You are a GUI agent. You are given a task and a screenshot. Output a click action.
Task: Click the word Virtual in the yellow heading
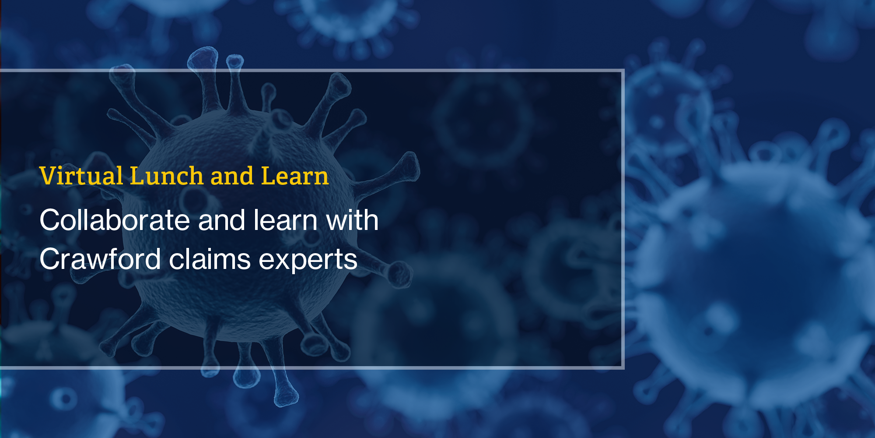[81, 176]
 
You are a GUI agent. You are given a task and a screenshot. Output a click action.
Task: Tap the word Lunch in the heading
[167, 176]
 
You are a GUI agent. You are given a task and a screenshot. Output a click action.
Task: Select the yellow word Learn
[294, 176]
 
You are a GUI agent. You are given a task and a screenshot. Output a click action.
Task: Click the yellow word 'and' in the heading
[232, 176]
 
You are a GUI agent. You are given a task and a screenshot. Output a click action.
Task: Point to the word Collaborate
[115, 220]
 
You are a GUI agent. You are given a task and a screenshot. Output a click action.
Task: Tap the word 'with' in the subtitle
[352, 220]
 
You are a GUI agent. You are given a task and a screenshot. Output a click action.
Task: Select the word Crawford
[100, 259]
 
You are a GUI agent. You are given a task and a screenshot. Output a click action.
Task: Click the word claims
[210, 259]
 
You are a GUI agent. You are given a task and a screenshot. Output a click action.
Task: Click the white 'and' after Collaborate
[222, 220]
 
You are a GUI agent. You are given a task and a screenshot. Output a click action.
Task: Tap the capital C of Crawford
[51, 259]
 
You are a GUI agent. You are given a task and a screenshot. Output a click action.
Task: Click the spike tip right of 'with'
[409, 167]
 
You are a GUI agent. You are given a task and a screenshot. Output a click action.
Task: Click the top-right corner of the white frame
[623, 71]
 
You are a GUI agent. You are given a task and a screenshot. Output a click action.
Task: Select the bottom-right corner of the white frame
[623, 367]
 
